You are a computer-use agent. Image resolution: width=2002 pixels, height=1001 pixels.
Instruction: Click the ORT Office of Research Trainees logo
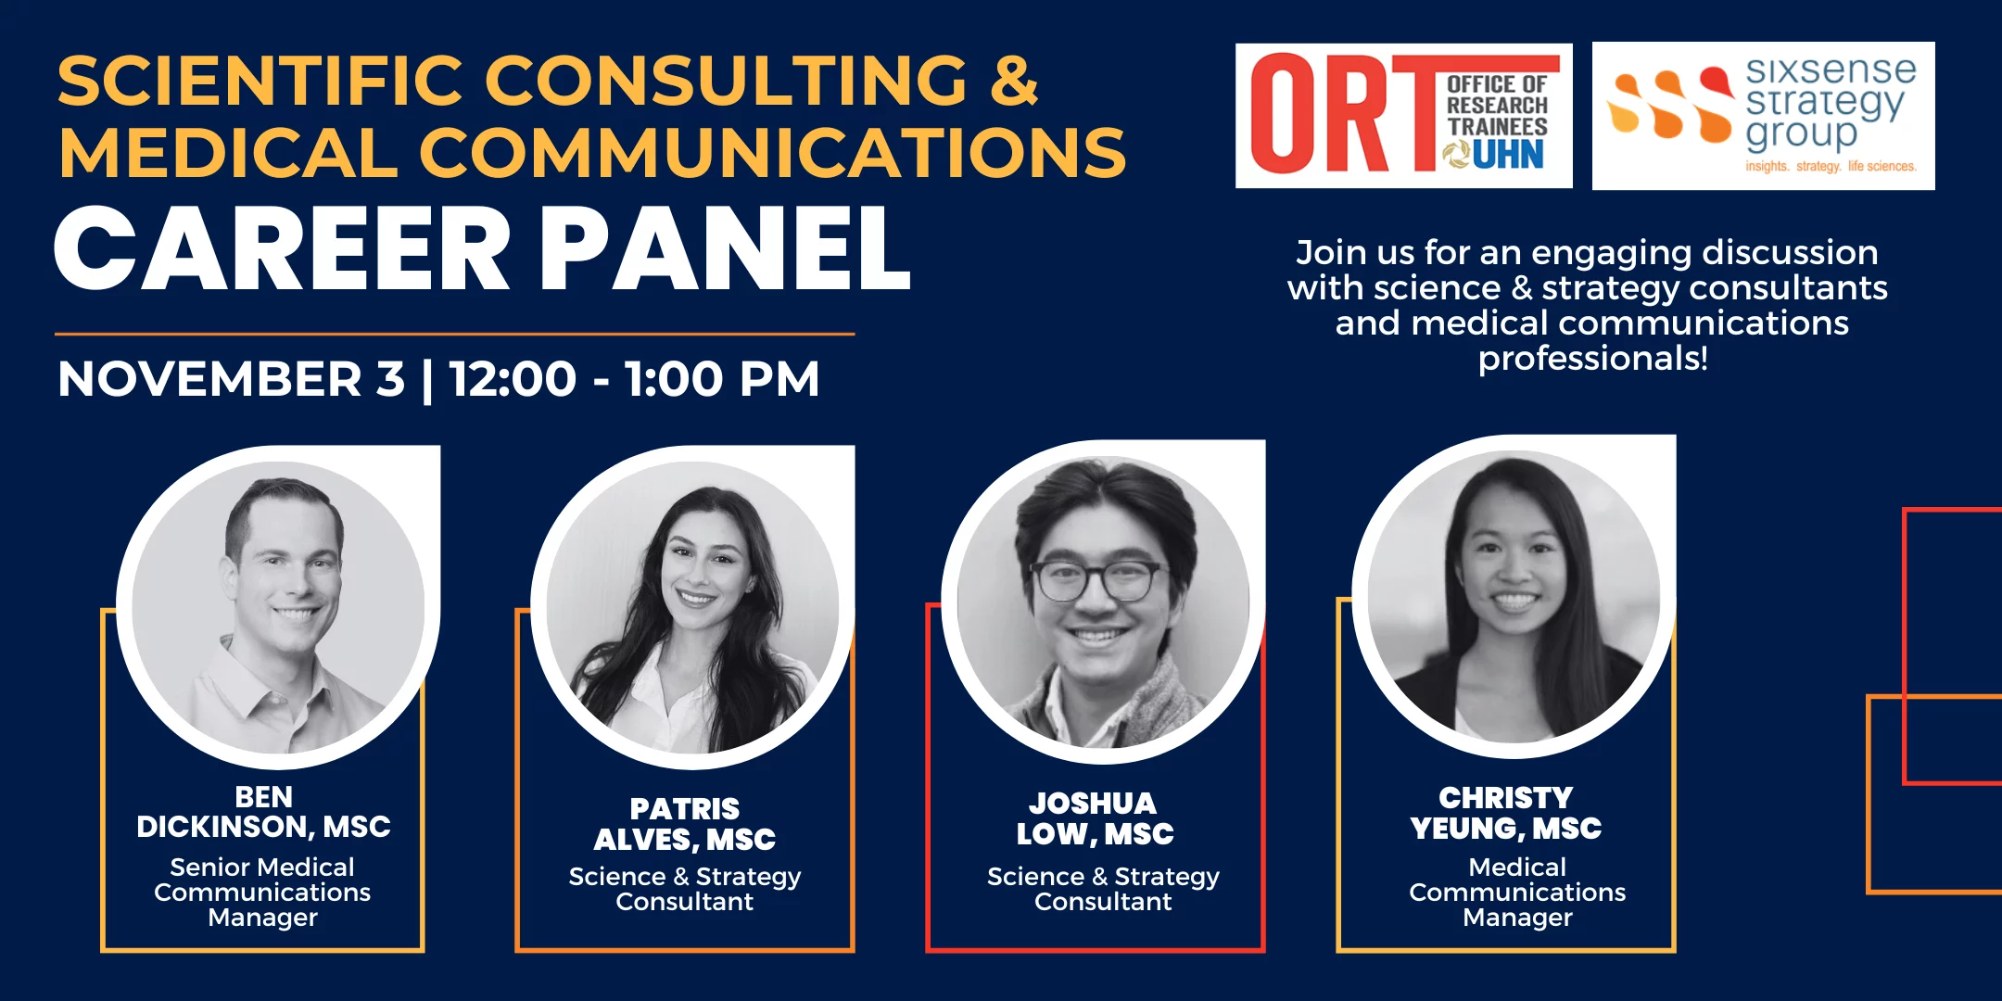pyautogui.click(x=1403, y=116)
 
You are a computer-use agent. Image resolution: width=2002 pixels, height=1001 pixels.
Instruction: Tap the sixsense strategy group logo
pyautogui.click(x=1763, y=116)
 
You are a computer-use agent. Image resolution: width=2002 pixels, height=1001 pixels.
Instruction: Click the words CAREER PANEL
pyautogui.click(x=483, y=248)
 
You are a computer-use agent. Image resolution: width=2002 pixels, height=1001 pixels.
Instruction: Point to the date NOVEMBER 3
pyautogui.click(x=231, y=379)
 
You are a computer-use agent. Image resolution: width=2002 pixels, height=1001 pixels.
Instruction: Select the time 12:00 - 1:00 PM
pyautogui.click(x=635, y=379)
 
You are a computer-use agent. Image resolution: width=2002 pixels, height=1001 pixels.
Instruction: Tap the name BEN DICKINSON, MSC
pyautogui.click(x=263, y=812)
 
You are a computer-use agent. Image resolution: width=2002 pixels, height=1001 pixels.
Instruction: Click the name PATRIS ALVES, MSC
pyautogui.click(x=685, y=824)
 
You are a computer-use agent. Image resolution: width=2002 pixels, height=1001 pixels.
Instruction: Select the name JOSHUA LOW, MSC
pyautogui.click(x=1095, y=818)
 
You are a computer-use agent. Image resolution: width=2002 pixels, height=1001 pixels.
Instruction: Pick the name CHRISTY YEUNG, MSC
pyautogui.click(x=1506, y=813)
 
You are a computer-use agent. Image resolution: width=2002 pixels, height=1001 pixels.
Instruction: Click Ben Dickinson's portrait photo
pyautogui.click(x=278, y=608)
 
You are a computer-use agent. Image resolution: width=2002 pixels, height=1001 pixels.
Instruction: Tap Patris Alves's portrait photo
pyautogui.click(x=693, y=608)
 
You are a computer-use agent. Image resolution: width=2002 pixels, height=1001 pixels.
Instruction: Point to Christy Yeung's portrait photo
pyautogui.click(x=1514, y=597)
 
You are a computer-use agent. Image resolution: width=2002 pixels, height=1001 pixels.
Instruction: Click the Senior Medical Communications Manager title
pyautogui.click(x=262, y=892)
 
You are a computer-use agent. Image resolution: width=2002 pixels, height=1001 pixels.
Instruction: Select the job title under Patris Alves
pyautogui.click(x=685, y=889)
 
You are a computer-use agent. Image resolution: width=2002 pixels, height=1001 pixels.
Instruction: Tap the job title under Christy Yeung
pyautogui.click(x=1517, y=892)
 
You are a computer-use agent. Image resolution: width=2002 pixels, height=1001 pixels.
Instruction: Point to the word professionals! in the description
pyautogui.click(x=1592, y=359)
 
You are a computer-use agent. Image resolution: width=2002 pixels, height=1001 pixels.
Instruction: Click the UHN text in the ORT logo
pyautogui.click(x=1508, y=155)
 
